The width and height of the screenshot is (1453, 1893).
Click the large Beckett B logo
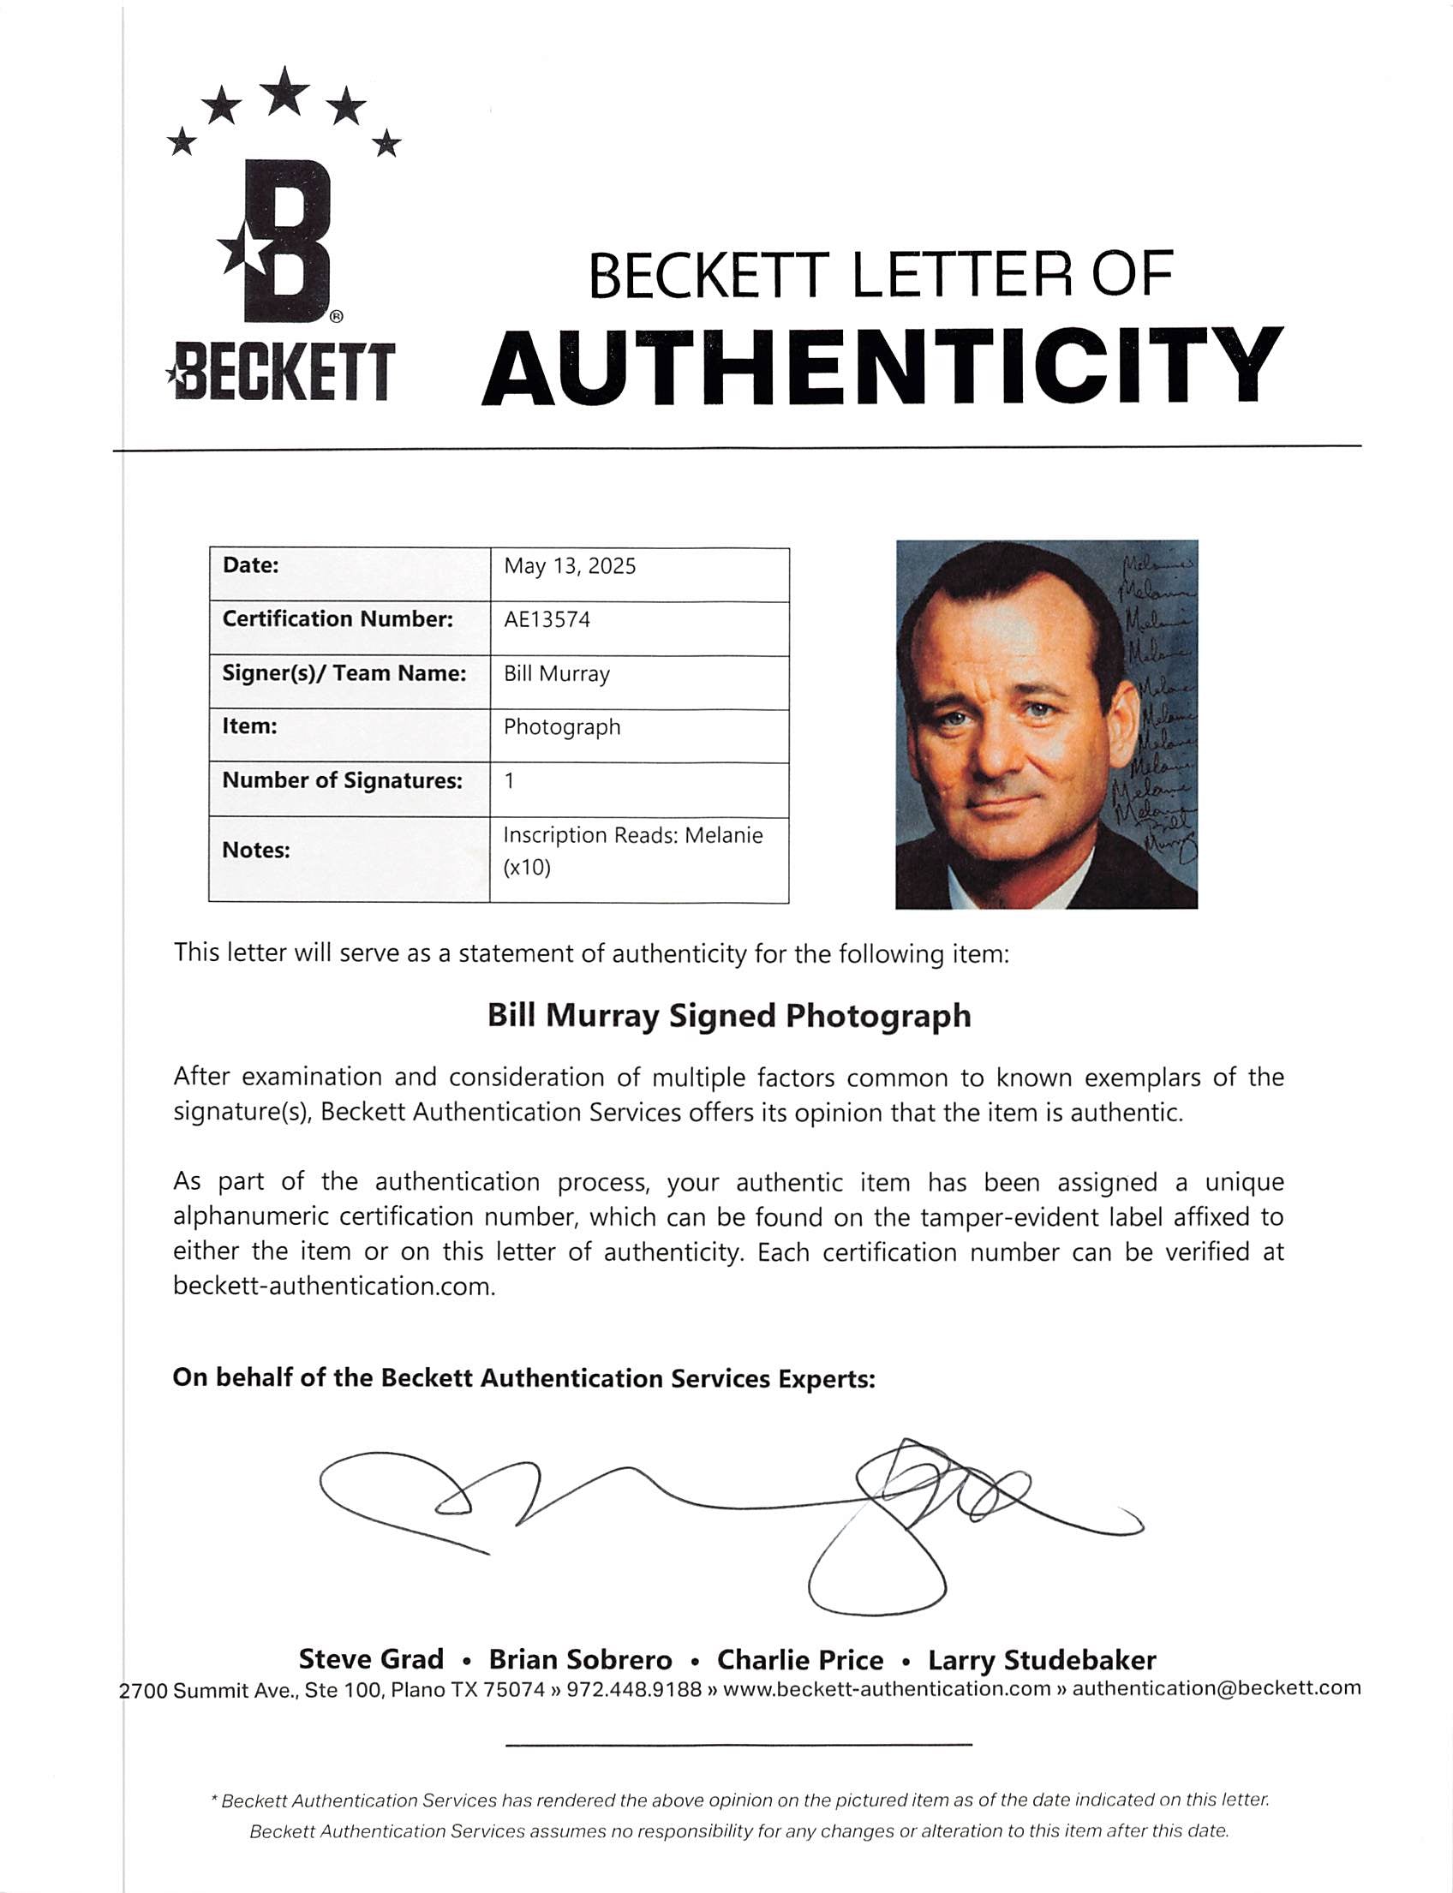[278, 242]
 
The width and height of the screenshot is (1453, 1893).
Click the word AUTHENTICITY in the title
[882, 367]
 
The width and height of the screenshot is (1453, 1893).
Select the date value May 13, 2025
[569, 566]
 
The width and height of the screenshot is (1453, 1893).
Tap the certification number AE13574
[547, 620]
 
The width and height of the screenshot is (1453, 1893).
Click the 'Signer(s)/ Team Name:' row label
[344, 673]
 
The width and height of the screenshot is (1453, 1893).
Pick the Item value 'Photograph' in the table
[562, 727]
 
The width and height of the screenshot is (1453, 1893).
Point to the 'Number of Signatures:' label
[342, 781]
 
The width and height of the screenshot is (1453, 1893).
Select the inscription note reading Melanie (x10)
[632, 851]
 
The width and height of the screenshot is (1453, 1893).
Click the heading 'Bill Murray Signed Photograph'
[729, 1015]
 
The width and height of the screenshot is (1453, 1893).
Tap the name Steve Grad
[371, 1659]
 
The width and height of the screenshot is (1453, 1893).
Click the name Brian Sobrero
[580, 1660]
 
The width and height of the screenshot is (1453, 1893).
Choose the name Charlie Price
[800, 1660]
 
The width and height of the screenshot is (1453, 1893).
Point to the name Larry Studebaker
[1041, 1660]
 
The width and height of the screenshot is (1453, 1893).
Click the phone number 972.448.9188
[633, 1689]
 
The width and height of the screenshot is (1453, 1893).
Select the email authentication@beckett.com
[1216, 1688]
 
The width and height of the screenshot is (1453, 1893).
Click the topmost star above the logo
[284, 91]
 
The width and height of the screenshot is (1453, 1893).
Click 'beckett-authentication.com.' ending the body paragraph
[334, 1287]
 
